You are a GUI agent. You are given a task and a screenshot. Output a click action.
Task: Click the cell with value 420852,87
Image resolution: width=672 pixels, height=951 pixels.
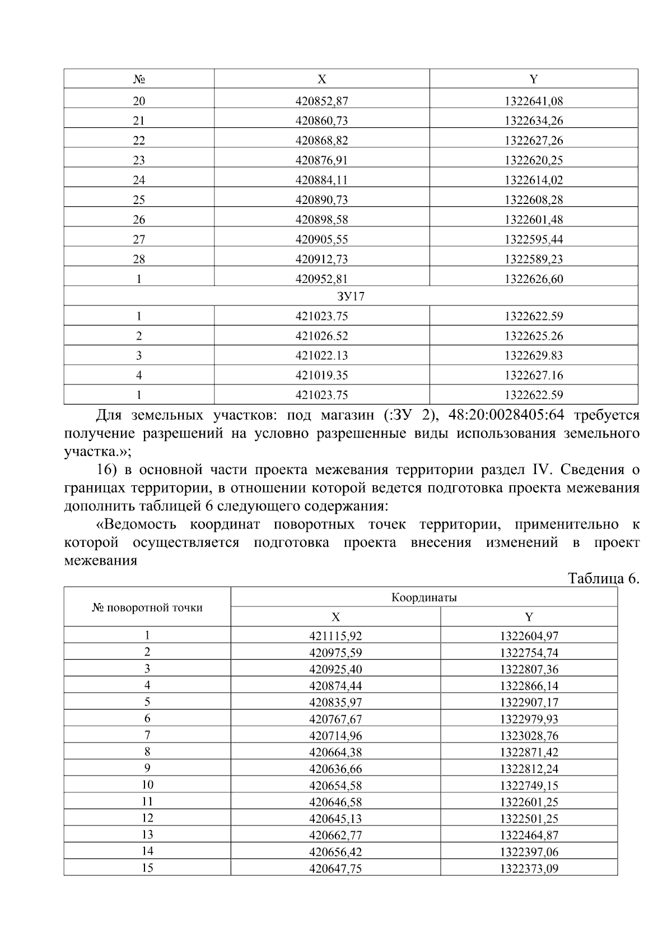tap(321, 101)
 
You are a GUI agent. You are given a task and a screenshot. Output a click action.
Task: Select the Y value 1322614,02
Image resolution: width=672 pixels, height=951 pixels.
tap(533, 180)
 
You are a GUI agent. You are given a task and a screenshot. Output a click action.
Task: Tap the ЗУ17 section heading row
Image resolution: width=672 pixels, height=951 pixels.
tap(351, 296)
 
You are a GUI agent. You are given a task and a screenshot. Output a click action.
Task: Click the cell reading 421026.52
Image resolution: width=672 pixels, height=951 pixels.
tap(321, 336)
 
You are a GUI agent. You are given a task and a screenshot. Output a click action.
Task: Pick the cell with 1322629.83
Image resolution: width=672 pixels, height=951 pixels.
tap(533, 356)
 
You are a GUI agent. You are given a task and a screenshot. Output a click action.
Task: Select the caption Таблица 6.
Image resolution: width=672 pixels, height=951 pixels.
tap(603, 578)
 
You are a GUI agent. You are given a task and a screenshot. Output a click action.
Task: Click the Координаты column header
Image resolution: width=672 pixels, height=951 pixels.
tap(424, 597)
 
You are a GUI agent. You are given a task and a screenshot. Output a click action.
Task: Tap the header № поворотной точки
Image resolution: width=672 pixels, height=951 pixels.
tap(147, 607)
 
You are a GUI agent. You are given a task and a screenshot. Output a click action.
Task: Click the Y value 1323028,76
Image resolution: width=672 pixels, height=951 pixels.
tap(529, 736)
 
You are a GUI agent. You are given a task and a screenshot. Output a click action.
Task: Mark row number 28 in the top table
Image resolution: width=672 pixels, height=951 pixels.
tap(139, 259)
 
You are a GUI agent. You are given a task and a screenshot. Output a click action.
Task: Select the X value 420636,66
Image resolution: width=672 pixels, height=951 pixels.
tap(335, 769)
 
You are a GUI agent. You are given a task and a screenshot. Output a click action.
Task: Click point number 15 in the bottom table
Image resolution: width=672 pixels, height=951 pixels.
tap(147, 868)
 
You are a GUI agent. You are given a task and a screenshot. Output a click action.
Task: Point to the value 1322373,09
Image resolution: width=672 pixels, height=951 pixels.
tap(529, 869)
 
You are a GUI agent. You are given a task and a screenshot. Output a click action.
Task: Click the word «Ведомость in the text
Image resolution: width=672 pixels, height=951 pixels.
tap(137, 525)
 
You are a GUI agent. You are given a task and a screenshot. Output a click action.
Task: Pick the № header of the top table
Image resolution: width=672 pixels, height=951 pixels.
tap(139, 80)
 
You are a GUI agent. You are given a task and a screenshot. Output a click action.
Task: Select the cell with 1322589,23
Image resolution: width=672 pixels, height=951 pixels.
tap(533, 259)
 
